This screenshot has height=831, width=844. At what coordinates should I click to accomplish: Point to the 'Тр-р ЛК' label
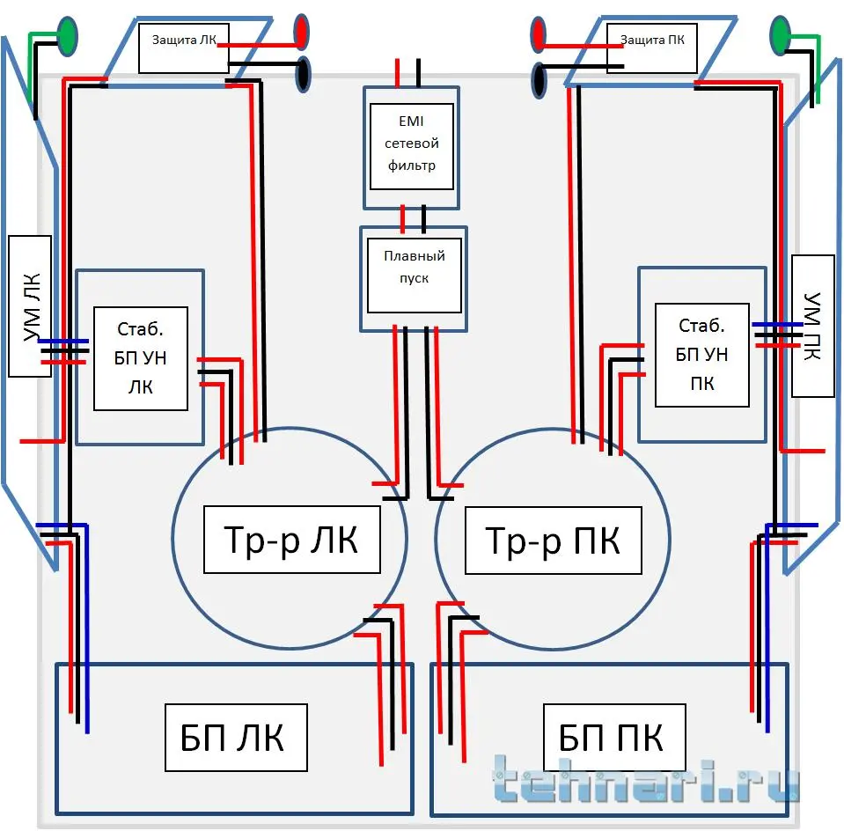[x=292, y=540]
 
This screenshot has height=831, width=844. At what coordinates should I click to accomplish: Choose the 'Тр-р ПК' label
[x=553, y=540]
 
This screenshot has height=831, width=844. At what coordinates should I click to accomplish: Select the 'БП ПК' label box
[x=613, y=738]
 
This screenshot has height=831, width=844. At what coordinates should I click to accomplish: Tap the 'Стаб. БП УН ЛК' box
[x=140, y=358]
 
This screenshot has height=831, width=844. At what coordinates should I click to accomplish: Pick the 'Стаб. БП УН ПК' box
[x=702, y=355]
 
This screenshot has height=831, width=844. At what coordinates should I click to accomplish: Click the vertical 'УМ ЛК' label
[x=30, y=305]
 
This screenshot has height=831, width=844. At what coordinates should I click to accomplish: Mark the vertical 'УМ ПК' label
[x=812, y=326]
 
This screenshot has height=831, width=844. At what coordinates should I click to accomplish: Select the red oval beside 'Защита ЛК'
[x=302, y=32]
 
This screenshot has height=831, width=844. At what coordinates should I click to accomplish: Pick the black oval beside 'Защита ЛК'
[x=303, y=73]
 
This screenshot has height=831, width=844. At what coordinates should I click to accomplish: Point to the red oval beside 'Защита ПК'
[x=539, y=35]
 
